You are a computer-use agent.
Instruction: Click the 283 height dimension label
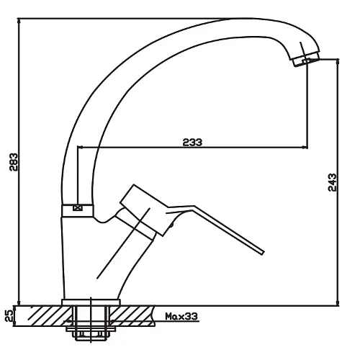(14, 162)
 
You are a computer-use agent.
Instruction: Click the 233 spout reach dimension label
(192, 143)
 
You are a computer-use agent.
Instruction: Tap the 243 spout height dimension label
(332, 182)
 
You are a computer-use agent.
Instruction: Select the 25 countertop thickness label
(9, 315)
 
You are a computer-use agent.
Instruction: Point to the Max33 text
(181, 317)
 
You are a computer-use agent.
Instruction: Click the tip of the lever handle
(263, 253)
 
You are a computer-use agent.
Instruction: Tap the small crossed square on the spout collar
(78, 207)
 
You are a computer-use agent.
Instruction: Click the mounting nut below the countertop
(91, 334)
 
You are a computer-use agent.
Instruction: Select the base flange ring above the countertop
(91, 302)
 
